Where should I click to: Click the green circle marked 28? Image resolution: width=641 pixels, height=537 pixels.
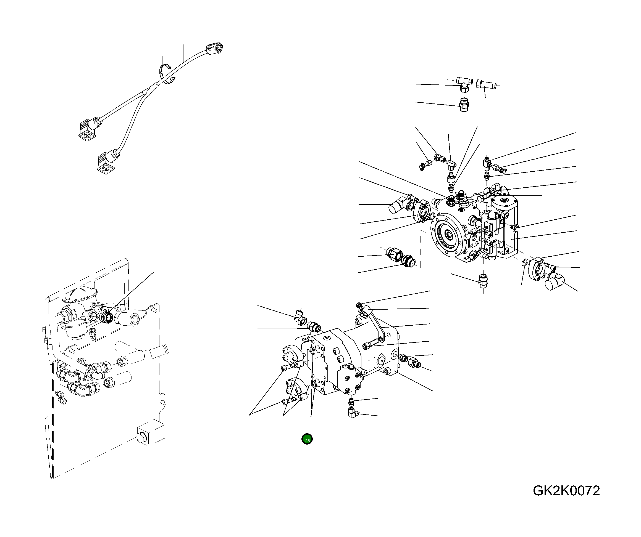pos(307,439)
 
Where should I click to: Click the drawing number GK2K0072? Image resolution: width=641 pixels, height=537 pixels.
pos(566,491)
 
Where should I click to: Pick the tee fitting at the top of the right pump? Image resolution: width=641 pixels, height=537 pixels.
pos(464,83)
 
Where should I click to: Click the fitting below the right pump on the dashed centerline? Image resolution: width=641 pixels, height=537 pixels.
pos(483,280)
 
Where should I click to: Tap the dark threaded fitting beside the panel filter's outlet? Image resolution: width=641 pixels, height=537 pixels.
pos(107,317)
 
